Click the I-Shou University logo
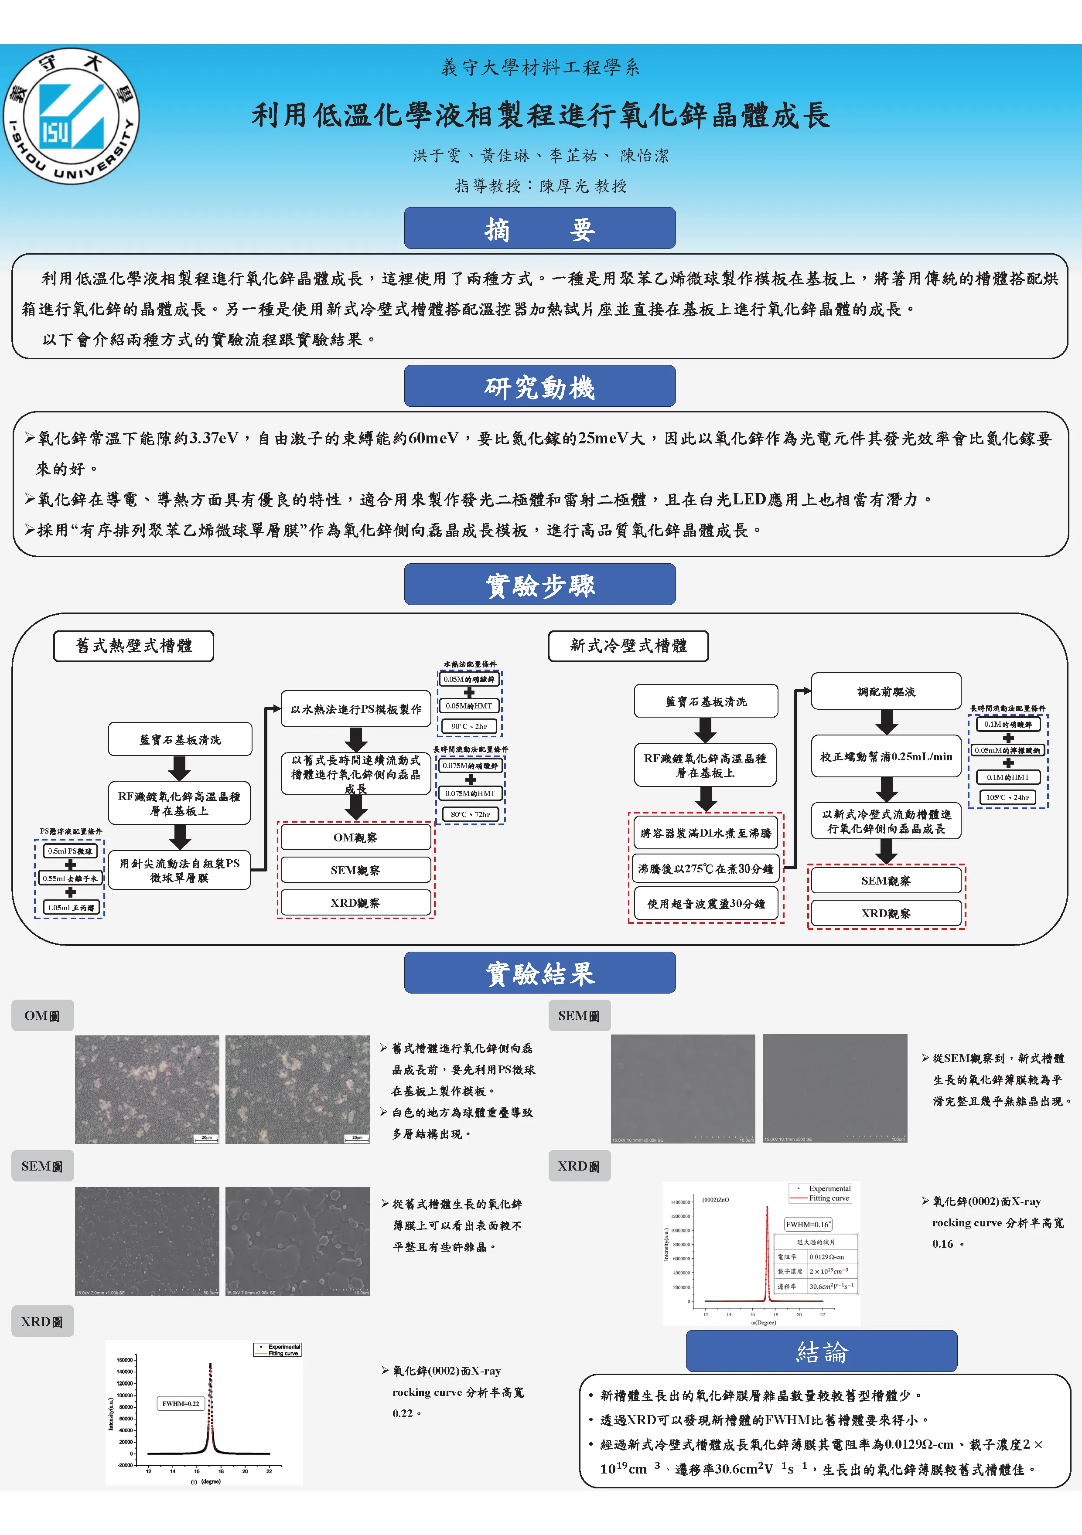click(x=72, y=116)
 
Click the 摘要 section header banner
click(x=539, y=228)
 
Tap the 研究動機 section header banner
click(x=539, y=386)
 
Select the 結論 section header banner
click(x=821, y=1352)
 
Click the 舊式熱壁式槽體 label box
click(x=134, y=646)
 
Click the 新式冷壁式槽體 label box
click(x=628, y=646)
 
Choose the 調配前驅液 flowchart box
click(x=886, y=692)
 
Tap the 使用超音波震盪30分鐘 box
click(x=706, y=904)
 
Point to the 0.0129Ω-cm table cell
click(x=826, y=1257)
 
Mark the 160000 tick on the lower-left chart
click(x=125, y=1360)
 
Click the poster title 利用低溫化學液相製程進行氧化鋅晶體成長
click(x=540, y=115)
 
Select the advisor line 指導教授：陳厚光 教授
click(x=540, y=186)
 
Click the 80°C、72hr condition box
click(x=470, y=814)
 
